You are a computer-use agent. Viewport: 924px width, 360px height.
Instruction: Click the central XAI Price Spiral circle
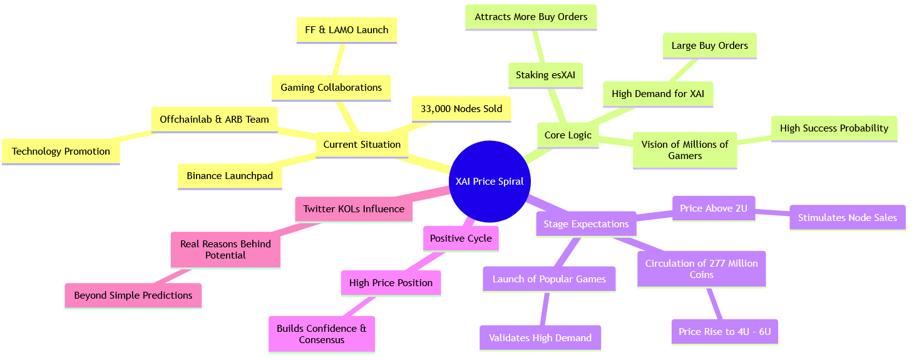[x=490, y=182]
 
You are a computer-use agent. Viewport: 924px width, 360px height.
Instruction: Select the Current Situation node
[x=362, y=144]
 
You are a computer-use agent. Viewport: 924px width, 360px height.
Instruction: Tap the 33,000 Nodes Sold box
[x=461, y=108]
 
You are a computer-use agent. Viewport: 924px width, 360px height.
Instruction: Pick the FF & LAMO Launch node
[x=346, y=29]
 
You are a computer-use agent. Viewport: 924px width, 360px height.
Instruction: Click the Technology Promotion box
[x=61, y=151]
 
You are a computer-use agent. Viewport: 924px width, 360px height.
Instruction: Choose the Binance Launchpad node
[x=230, y=176]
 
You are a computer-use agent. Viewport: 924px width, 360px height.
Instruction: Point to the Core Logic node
[x=568, y=135]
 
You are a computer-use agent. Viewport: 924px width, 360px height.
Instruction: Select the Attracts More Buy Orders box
[x=531, y=17]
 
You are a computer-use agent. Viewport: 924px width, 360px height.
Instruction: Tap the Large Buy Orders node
[x=709, y=45]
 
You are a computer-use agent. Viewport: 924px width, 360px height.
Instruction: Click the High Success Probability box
[x=834, y=128]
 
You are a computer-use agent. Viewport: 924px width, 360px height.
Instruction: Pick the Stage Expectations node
[x=586, y=224]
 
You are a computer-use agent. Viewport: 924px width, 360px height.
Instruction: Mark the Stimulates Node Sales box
[x=847, y=217]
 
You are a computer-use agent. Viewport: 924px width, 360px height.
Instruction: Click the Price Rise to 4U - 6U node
[x=724, y=331]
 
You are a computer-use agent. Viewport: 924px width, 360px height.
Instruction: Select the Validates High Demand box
[x=540, y=337]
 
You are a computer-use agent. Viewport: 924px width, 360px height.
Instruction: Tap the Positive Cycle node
[x=461, y=238]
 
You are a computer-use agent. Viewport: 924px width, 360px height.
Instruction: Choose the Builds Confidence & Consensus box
[x=322, y=334]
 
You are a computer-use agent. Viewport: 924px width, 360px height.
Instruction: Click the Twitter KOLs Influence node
[x=353, y=208]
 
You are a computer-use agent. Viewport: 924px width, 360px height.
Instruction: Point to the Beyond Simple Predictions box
[x=133, y=295]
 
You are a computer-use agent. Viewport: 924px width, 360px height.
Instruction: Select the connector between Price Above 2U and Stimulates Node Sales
[x=773, y=213]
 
